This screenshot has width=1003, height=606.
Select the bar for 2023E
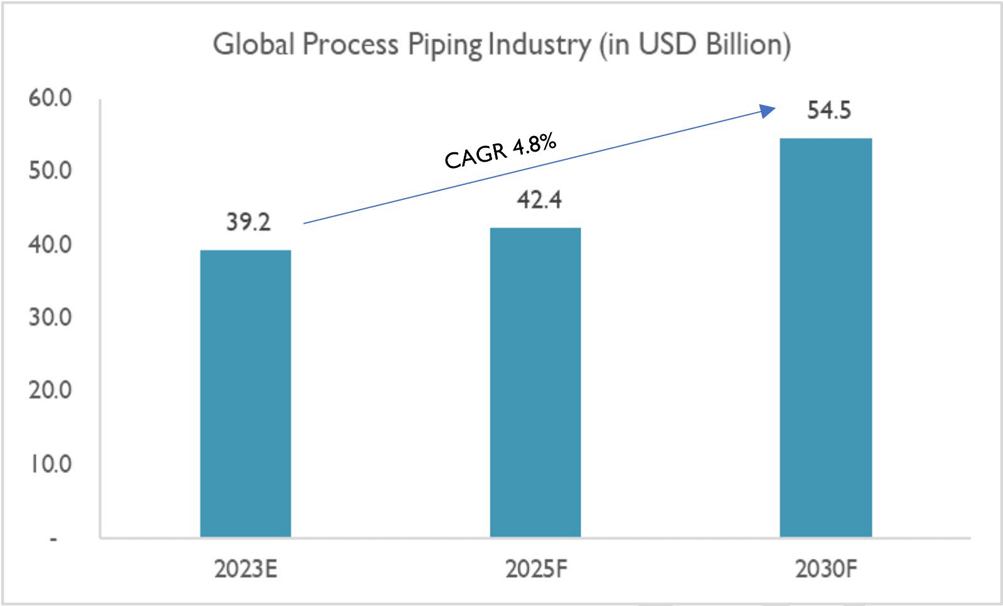coord(245,393)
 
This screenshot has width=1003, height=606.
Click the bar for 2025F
coord(535,382)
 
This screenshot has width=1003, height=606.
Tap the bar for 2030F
coord(825,337)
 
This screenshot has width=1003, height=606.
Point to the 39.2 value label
coord(248,222)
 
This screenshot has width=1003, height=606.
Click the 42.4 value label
coord(539,200)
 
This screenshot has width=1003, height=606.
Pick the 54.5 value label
coord(829,110)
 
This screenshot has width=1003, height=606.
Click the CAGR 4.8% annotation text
coord(500,151)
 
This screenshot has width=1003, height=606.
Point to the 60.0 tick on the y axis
coord(50,98)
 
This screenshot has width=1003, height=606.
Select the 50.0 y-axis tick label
coord(50,170)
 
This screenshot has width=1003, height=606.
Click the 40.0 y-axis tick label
coord(50,244)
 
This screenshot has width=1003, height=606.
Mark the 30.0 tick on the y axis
coord(50,317)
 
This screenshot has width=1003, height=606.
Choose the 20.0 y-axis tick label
coord(50,390)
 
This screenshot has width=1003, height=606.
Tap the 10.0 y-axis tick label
coord(51,464)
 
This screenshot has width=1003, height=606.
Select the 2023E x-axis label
coord(245,569)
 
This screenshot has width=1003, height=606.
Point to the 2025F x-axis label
coord(536,569)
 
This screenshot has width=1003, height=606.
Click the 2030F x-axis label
coord(826,569)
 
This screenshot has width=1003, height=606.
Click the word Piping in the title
coord(445,45)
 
